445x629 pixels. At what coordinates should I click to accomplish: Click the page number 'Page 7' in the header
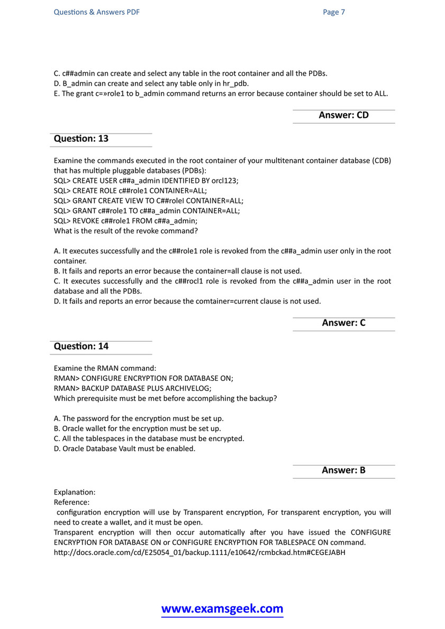tap(334, 12)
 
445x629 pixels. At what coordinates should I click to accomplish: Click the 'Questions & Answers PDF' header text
tap(97, 12)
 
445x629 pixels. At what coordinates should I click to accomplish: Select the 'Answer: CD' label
tap(343, 115)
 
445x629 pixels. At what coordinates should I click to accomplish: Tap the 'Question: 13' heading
tap(81, 139)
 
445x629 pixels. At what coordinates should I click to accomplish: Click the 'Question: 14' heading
tap(81, 346)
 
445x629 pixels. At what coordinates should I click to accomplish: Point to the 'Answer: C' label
tap(343, 322)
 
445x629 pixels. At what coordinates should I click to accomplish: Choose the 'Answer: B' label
tap(343, 470)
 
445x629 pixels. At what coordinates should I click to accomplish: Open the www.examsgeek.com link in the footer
tap(222, 609)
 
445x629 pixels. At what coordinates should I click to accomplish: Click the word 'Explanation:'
tap(75, 492)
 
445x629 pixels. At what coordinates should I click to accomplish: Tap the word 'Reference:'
tap(72, 502)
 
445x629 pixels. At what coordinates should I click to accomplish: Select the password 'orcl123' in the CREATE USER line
tap(225, 180)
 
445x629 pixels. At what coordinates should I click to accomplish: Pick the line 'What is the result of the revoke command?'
tap(129, 231)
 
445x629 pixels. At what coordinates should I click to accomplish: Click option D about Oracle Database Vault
tap(125, 449)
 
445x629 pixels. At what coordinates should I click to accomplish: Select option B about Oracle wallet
tap(138, 429)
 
